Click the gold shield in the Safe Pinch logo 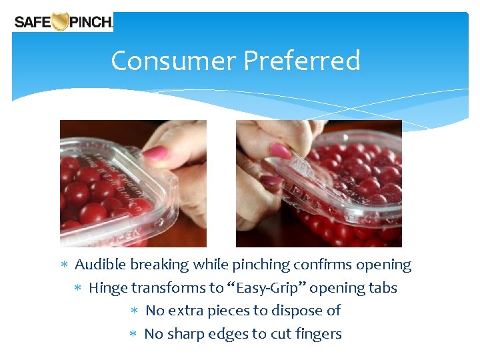(61, 22)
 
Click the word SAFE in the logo (32, 22)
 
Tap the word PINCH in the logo (91, 22)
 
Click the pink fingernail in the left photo (156, 153)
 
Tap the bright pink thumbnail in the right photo (281, 151)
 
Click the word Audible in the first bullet (101, 265)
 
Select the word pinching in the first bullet (259, 265)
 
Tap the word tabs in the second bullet (383, 288)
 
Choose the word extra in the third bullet (185, 311)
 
